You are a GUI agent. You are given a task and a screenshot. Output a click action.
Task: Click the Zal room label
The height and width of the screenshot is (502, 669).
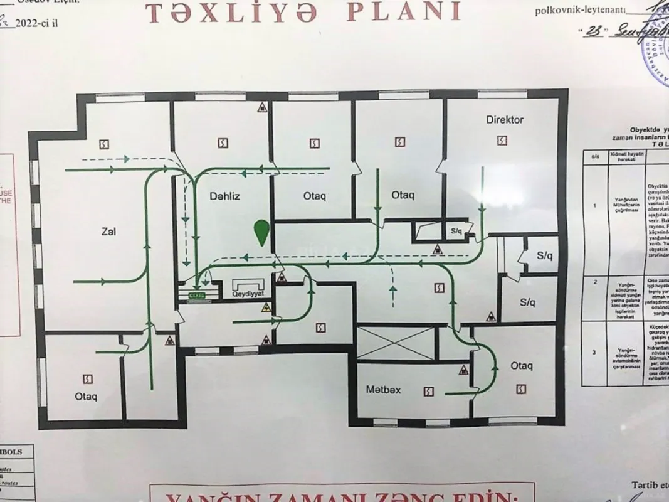click(108, 232)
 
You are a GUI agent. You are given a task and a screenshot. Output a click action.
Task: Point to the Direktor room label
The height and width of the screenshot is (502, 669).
click(504, 119)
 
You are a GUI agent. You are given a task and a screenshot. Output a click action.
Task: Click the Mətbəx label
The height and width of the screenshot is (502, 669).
click(383, 390)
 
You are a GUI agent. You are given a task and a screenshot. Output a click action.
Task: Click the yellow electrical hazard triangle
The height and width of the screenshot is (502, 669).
click(266, 307)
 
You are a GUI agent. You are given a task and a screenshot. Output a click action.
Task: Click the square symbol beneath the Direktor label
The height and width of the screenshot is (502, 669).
click(501, 141)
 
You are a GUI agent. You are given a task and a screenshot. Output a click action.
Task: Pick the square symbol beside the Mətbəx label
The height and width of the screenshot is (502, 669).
click(428, 391)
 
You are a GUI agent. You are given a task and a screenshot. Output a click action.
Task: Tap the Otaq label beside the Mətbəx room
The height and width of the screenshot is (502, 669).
click(521, 366)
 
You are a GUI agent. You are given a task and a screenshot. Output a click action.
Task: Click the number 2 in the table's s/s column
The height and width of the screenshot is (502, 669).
click(594, 282)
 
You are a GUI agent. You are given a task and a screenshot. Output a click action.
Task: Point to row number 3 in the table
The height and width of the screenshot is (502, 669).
click(594, 352)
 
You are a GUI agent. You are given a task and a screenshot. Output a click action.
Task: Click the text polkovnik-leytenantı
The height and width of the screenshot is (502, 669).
click(579, 10)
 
